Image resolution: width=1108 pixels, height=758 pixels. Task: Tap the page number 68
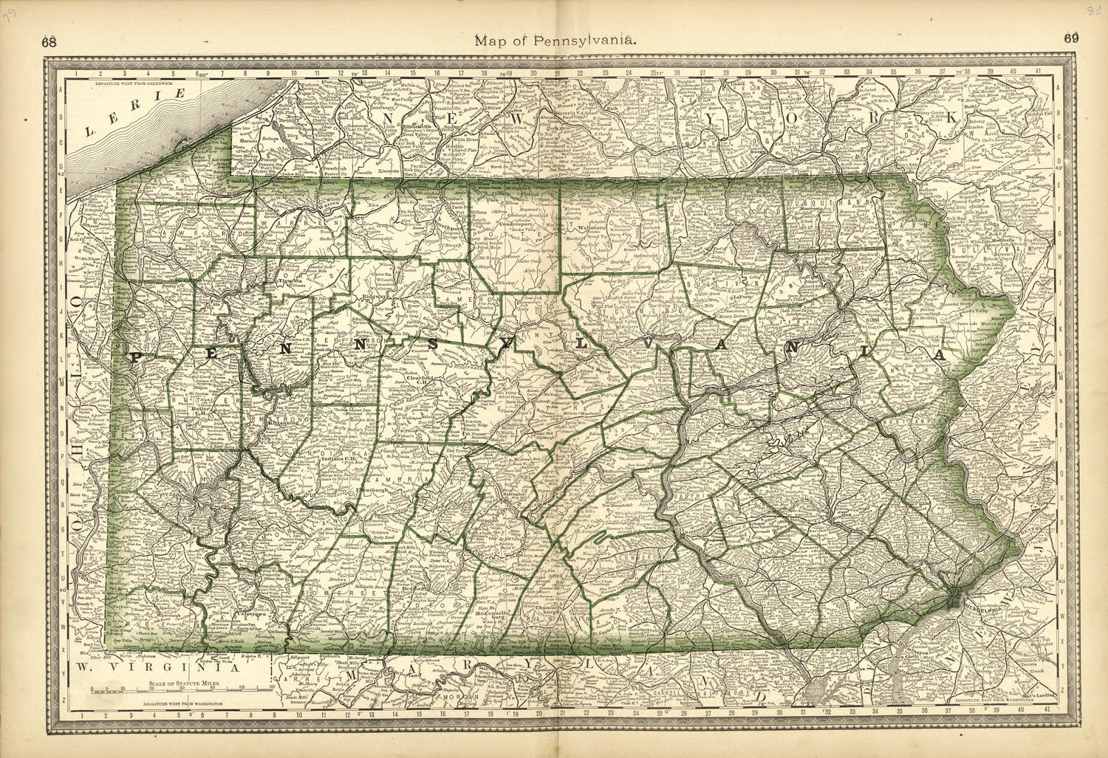(49, 42)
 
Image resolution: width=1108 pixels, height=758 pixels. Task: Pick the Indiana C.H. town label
(340, 458)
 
